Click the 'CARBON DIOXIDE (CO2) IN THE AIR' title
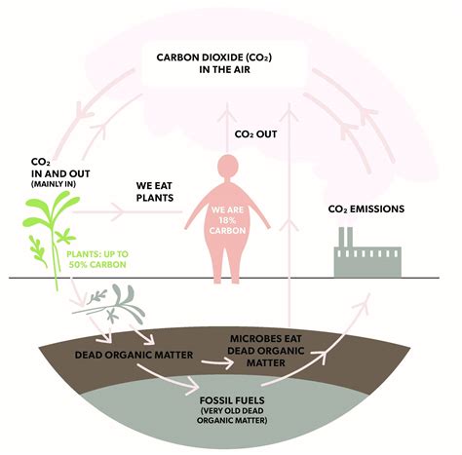coord(230,64)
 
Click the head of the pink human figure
coord(230,166)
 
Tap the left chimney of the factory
coord(342,237)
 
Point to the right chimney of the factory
coord(353,237)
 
